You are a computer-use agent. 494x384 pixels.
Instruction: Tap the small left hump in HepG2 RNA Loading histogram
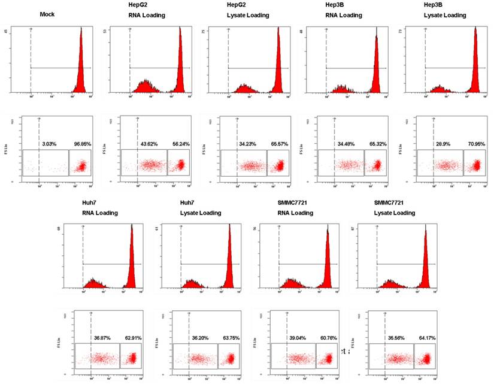pyautogui.click(x=145, y=87)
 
